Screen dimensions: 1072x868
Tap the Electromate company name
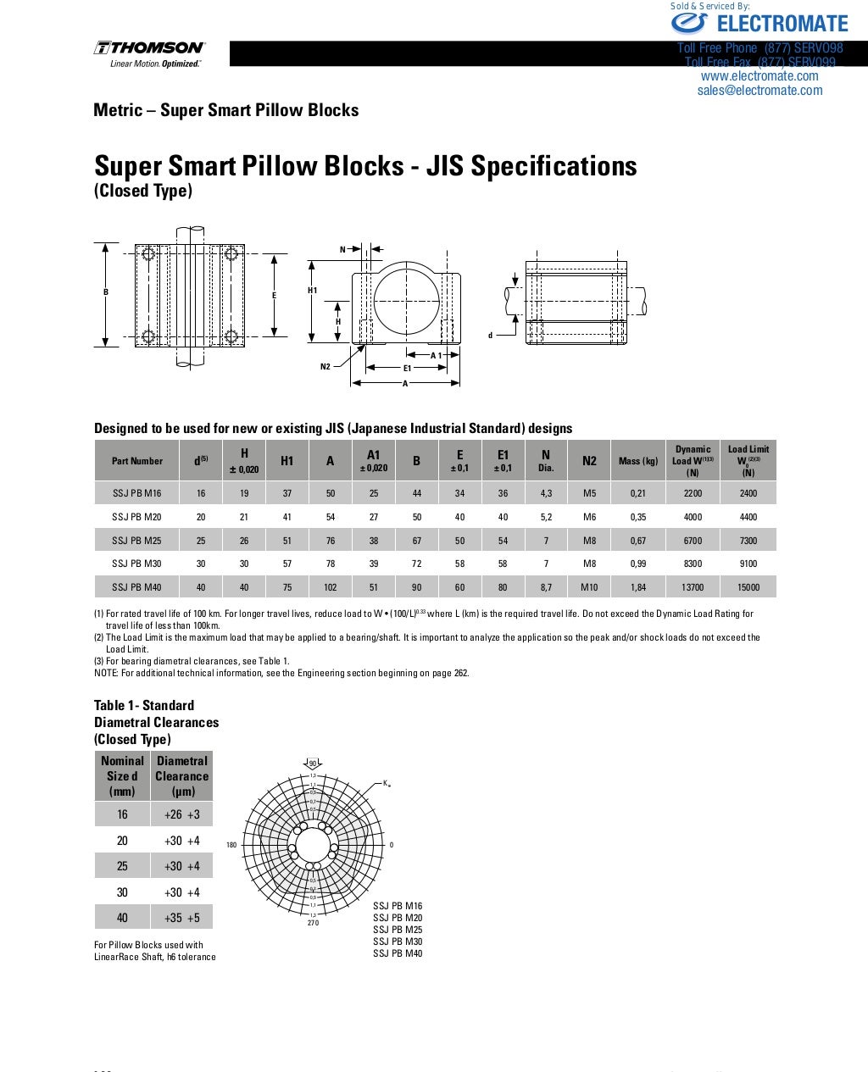pos(782,24)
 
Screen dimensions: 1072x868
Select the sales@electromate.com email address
pos(759,91)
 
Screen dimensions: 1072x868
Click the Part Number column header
pos(136,461)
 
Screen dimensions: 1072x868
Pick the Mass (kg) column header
pos(638,461)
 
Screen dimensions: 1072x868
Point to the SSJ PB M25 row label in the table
pos(136,541)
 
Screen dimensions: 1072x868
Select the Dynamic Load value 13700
pos(693,587)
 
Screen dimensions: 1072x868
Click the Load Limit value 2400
pos(748,493)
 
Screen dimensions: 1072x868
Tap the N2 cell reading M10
pos(589,587)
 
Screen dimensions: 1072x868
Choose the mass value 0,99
pos(638,564)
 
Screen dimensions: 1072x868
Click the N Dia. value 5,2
pos(546,517)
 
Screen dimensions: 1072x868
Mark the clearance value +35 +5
pos(182,918)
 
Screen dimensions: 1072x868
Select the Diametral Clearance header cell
pos(182,775)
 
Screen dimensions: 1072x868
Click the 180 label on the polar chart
pos(231,845)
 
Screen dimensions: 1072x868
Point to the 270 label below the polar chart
pos(313,923)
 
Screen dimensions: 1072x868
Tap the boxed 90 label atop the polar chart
pos(312,764)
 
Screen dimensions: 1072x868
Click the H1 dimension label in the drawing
pos(312,291)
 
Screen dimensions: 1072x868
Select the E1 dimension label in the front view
pos(407,369)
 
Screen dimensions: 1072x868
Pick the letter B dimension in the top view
pos(106,292)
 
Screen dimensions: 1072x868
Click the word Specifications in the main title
pos(554,166)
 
